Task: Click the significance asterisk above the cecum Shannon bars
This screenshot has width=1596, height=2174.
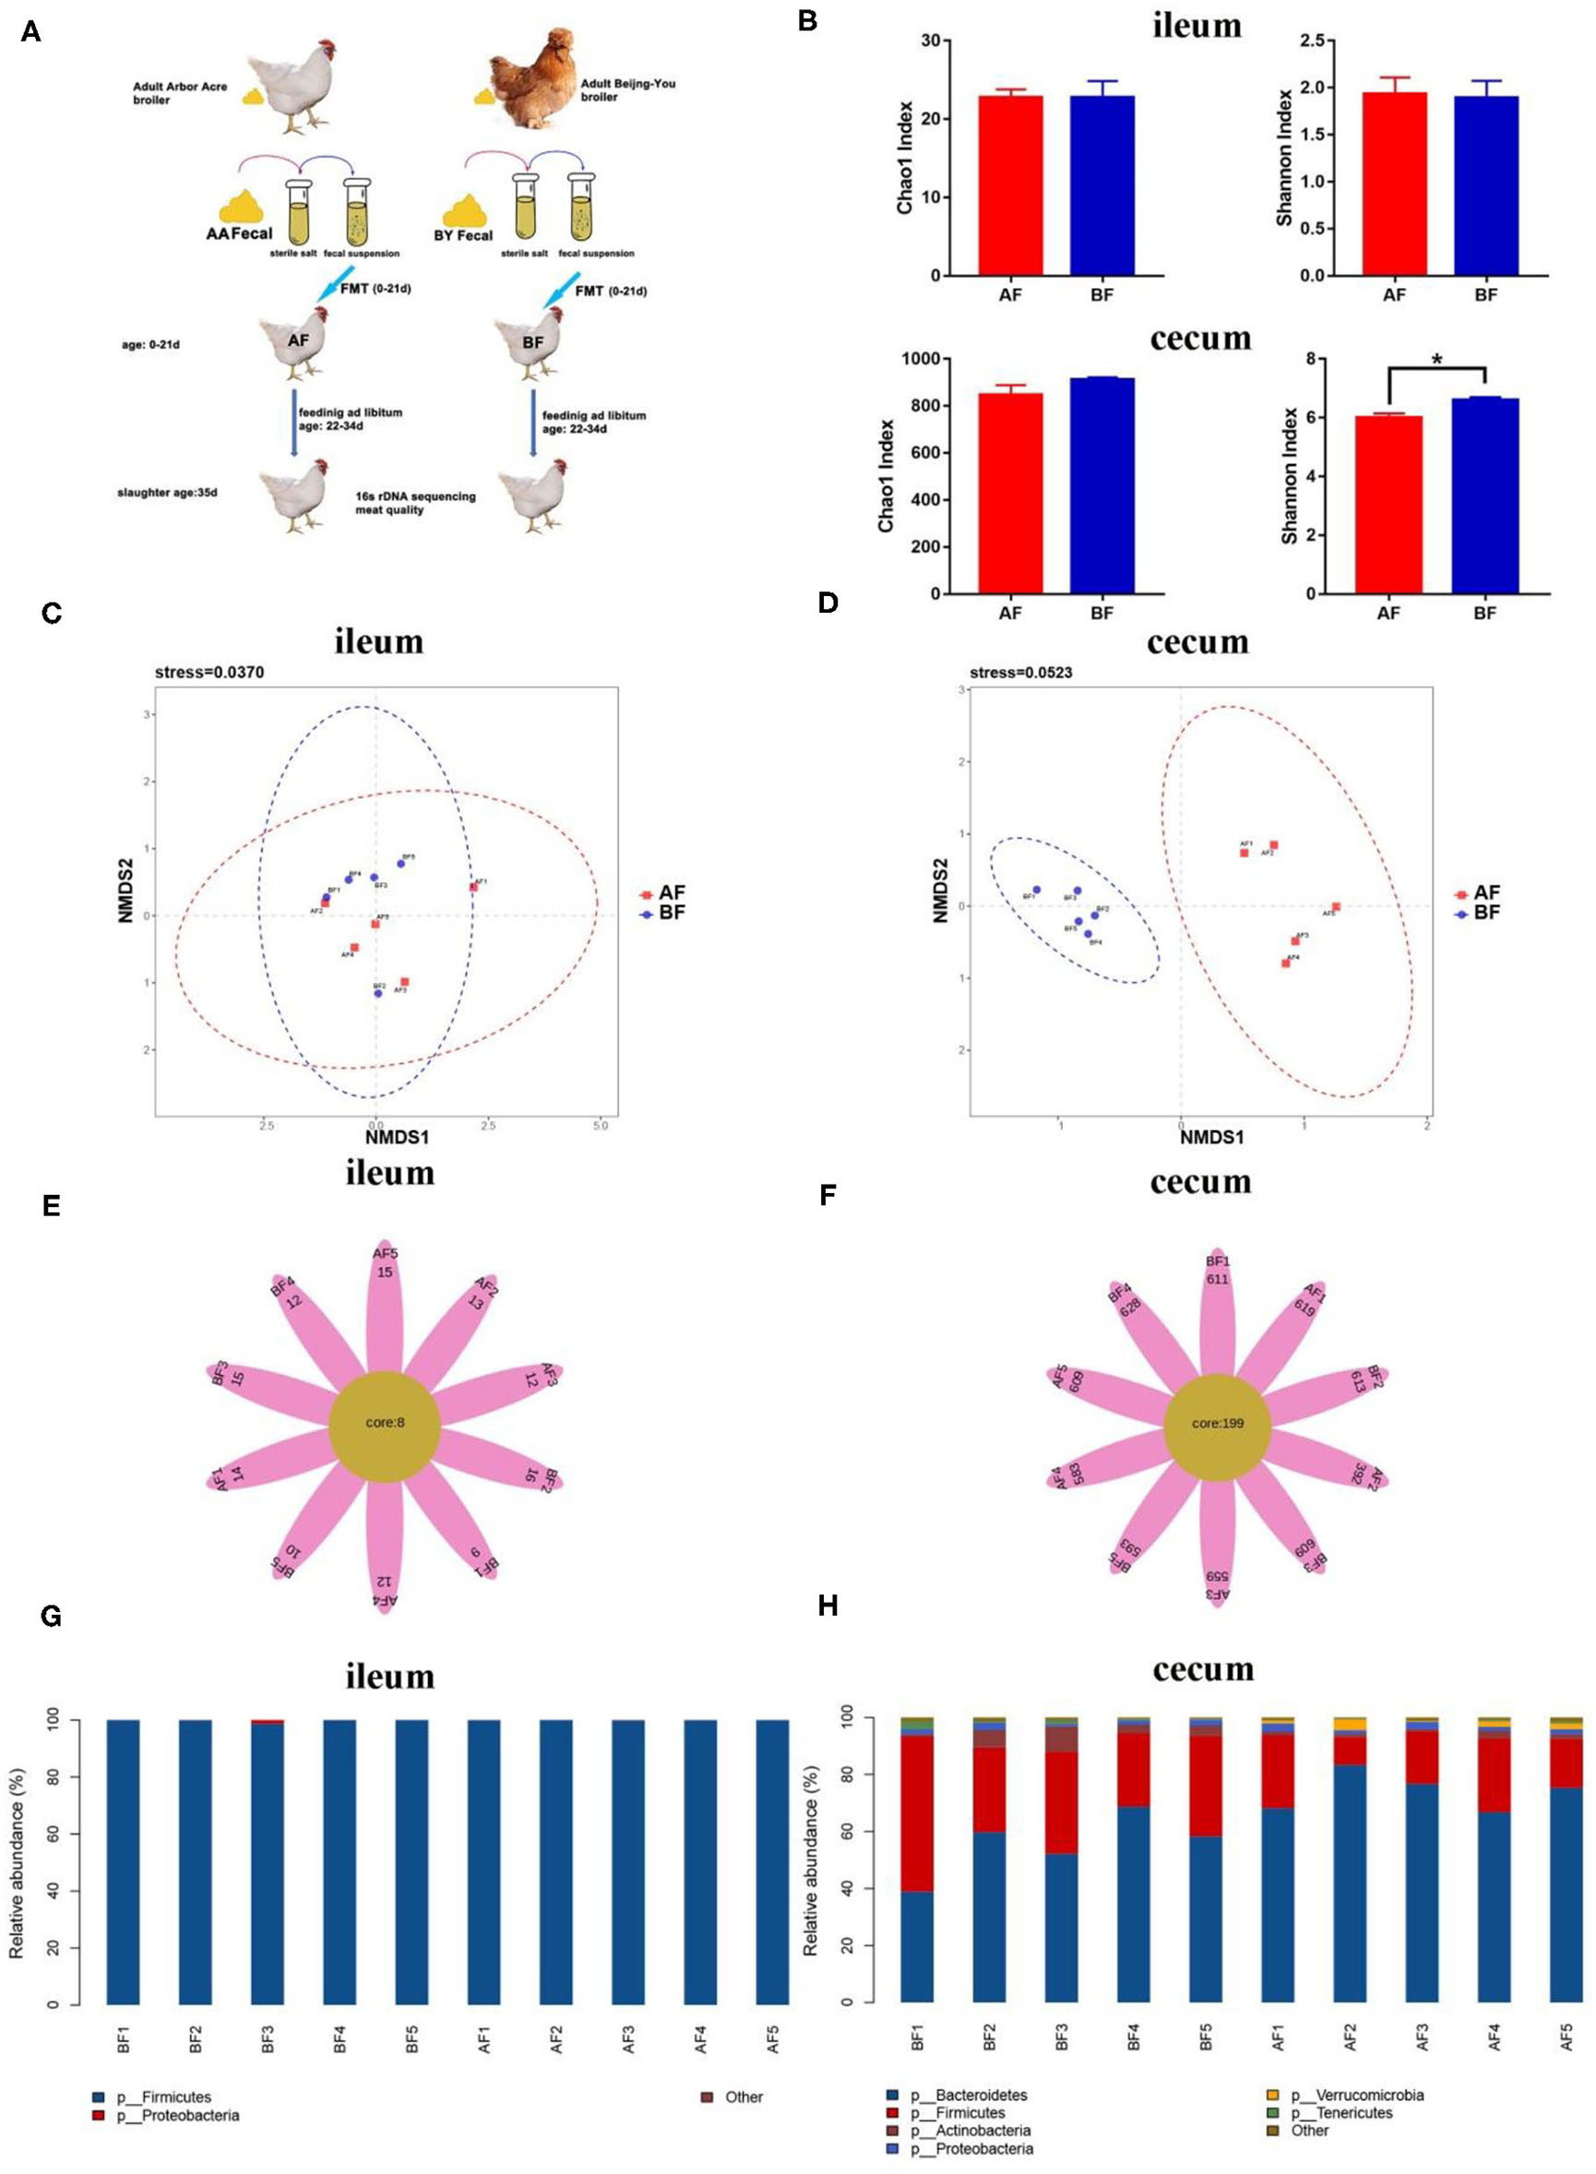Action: click(x=1436, y=361)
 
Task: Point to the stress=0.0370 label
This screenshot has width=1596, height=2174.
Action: click(x=208, y=673)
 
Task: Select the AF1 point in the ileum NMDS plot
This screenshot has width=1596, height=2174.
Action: click(x=473, y=887)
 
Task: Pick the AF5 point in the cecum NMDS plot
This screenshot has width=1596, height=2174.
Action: click(x=1336, y=906)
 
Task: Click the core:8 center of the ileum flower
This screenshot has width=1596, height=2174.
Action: click(x=385, y=1423)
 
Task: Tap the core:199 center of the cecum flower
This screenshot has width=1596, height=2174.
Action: click(x=1217, y=1423)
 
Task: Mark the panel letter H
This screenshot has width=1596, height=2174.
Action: click(x=828, y=1606)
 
